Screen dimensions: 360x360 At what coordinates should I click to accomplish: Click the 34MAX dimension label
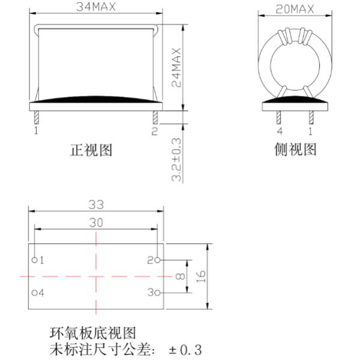pyautogui.click(x=96, y=8)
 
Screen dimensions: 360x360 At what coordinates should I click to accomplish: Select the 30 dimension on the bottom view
pyautogui.click(x=96, y=222)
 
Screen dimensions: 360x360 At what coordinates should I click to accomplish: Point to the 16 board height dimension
pyautogui.click(x=202, y=277)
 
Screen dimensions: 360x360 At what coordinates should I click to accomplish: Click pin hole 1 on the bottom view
pyautogui.click(x=35, y=260)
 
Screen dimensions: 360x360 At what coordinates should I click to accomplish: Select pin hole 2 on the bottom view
pyautogui.click(x=157, y=260)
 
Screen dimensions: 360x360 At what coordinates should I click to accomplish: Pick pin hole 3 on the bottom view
pyautogui.click(x=157, y=293)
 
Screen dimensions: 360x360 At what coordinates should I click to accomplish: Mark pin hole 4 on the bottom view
pyautogui.click(x=35, y=293)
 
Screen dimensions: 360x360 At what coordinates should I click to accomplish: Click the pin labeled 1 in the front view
pyautogui.click(x=36, y=116)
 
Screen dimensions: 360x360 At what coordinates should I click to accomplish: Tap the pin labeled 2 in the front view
pyautogui.click(x=155, y=116)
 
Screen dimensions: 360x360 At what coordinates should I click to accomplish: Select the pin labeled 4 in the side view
pyautogui.click(x=280, y=116)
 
